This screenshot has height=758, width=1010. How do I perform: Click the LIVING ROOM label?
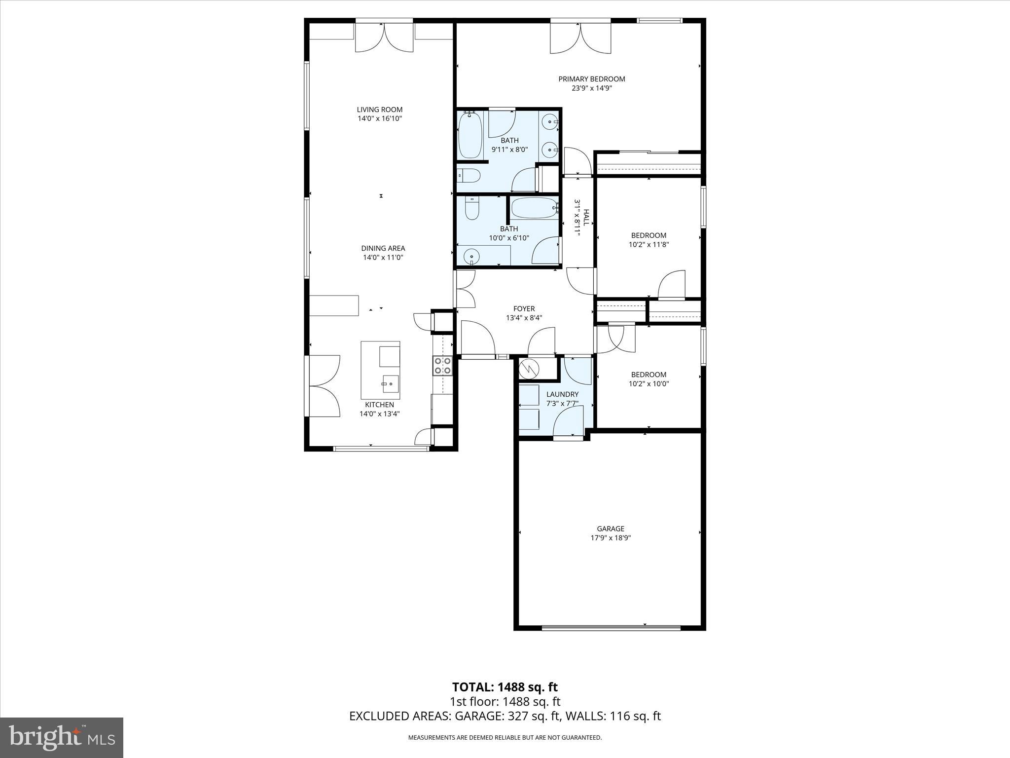point(380,110)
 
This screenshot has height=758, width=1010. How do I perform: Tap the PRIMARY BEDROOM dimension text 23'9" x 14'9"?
point(591,88)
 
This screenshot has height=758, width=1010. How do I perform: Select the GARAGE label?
point(611,529)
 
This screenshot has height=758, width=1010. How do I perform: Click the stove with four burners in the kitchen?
point(442,366)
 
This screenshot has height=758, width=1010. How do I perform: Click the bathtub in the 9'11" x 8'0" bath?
point(470,135)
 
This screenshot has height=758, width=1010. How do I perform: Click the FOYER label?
point(524,309)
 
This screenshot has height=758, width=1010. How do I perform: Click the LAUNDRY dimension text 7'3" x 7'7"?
point(562,403)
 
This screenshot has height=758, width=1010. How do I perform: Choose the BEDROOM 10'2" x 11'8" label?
point(649,235)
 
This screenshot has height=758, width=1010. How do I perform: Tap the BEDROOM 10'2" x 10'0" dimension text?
point(649,383)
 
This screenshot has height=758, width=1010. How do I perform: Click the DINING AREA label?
point(383,248)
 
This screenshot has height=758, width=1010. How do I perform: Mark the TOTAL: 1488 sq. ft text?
point(505,687)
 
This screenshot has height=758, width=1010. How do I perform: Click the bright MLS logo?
point(62,738)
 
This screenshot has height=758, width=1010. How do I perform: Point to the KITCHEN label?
point(379,405)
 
